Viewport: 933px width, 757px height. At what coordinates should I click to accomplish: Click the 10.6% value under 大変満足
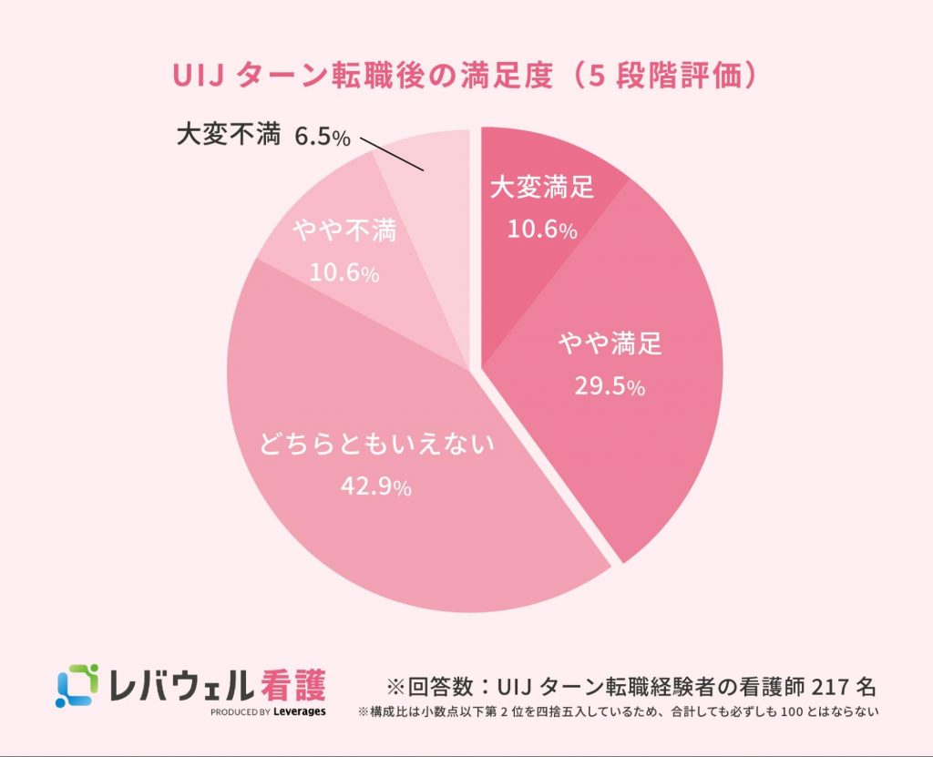542,230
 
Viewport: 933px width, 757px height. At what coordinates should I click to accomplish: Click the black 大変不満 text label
229,137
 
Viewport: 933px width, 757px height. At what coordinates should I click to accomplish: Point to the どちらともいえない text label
376,445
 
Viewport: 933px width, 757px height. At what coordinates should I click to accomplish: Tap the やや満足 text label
610,345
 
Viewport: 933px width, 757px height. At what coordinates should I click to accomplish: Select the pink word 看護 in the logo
291,682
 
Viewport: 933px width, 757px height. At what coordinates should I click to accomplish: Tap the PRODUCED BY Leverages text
268,711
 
